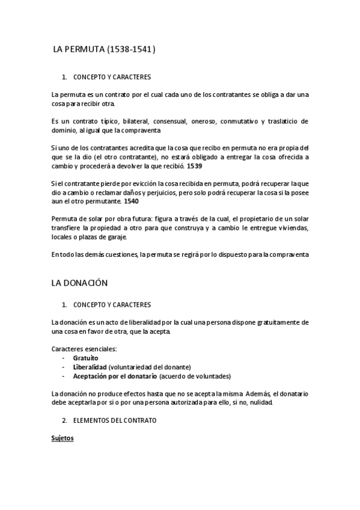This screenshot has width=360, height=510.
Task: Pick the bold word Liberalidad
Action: point(90,367)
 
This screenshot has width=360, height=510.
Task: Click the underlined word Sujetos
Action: point(63,438)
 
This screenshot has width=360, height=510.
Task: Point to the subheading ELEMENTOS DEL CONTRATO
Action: point(114,420)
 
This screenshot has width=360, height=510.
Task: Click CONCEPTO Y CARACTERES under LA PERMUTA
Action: point(112,78)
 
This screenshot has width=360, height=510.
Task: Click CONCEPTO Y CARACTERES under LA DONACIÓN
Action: point(112,305)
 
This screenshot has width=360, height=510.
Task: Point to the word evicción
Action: point(167,183)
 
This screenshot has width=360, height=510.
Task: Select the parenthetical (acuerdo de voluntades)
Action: point(195,376)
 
